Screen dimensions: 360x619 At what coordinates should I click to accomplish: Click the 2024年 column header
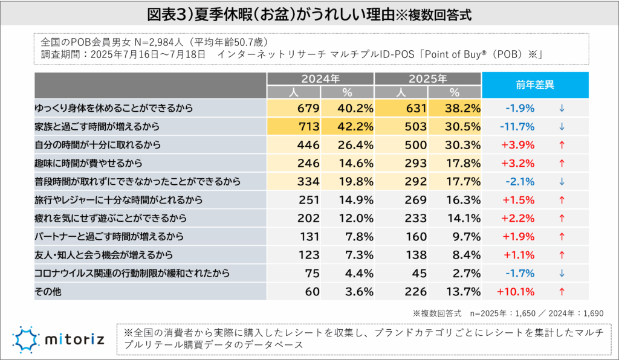(x=320, y=79)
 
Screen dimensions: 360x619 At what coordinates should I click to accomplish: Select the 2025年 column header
(x=427, y=79)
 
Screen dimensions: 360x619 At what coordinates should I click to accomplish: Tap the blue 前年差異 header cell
(x=535, y=85)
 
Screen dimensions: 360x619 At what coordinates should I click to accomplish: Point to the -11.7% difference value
(x=517, y=127)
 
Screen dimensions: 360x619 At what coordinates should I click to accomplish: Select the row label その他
(x=48, y=292)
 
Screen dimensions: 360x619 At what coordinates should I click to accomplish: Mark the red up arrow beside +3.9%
(x=562, y=146)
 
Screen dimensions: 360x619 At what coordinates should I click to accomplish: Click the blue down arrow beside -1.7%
(x=562, y=274)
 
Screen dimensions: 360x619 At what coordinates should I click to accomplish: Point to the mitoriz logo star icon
(x=25, y=339)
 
